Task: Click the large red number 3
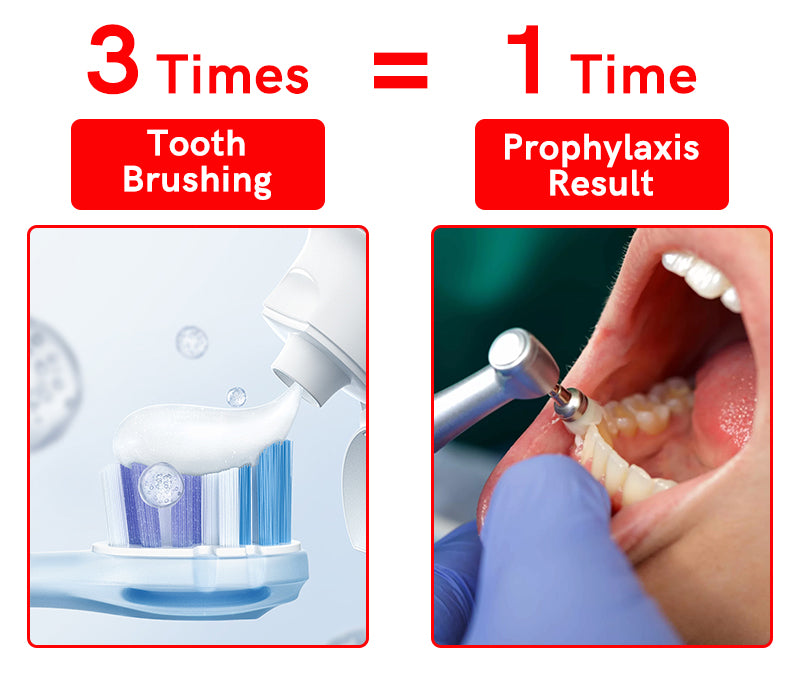pyautogui.click(x=113, y=59)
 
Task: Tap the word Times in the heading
pyautogui.click(x=232, y=74)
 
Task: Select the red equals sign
pyautogui.click(x=401, y=70)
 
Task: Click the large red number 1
pyautogui.click(x=525, y=59)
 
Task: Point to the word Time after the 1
pyautogui.click(x=633, y=74)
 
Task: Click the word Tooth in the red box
pyautogui.click(x=196, y=143)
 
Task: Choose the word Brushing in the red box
pyautogui.click(x=197, y=180)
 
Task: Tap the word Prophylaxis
pyautogui.click(x=602, y=148)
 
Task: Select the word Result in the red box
pyautogui.click(x=601, y=183)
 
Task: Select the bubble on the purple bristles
pyautogui.click(x=161, y=485)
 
